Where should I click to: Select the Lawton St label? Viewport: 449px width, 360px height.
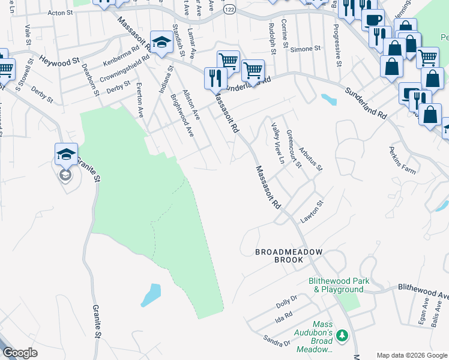coord(312,211)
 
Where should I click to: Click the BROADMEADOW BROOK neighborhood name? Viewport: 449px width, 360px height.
coord(289,256)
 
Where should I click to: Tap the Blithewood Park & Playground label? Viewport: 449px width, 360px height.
coord(339,285)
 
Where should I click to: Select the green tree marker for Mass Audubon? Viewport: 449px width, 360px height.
coord(342,334)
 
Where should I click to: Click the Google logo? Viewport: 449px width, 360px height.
coord(20,353)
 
